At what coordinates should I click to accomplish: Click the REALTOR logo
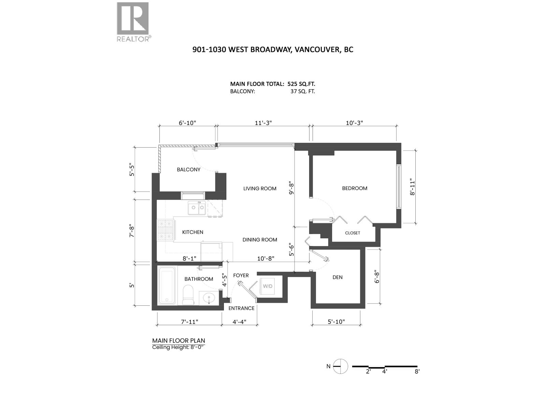[133, 21]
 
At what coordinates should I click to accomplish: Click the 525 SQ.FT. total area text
[299, 84]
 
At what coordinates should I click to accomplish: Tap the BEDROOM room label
[355, 188]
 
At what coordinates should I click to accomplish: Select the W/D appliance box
[268, 286]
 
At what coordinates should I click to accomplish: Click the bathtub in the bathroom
[167, 286]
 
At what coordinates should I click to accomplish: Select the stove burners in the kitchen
[166, 230]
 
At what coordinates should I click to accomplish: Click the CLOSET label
[353, 233]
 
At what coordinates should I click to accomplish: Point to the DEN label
[337, 277]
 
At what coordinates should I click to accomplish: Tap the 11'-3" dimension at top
[263, 123]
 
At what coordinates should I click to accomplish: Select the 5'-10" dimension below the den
[336, 321]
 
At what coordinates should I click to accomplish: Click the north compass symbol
[340, 366]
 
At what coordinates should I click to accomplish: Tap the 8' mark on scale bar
[417, 372]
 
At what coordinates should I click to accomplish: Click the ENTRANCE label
[241, 308]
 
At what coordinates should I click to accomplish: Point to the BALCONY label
[188, 169]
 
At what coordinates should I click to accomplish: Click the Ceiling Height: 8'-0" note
[180, 347]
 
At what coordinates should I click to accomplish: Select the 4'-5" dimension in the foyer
[224, 280]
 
